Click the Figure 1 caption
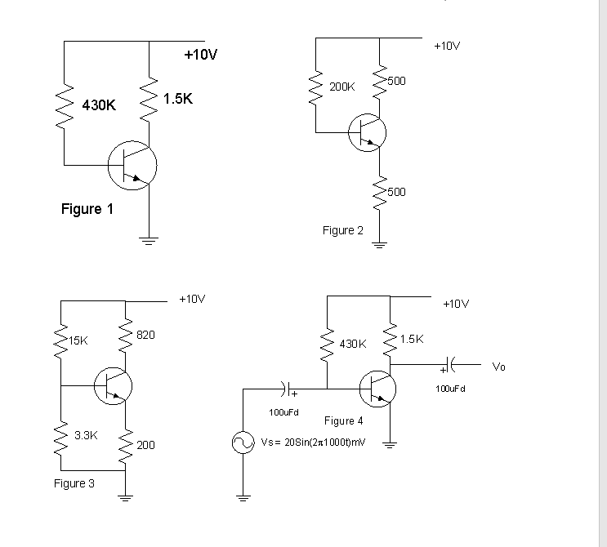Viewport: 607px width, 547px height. tap(87, 209)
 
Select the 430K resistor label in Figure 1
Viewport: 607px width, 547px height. tap(99, 105)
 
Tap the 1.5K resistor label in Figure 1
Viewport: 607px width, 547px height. tap(178, 99)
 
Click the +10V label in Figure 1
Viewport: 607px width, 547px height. tap(201, 55)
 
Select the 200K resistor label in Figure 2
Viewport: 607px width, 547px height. tap(341, 86)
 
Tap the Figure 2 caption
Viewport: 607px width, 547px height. tap(343, 230)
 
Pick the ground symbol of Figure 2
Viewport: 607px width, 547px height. tap(379, 243)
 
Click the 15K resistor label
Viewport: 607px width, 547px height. tap(78, 340)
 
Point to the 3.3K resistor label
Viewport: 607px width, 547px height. tap(86, 435)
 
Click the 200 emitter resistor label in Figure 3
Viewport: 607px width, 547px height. tap(145, 445)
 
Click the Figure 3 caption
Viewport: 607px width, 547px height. tap(74, 483)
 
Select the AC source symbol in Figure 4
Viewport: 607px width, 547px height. tap(243, 443)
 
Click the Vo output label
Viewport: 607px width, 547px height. tap(499, 367)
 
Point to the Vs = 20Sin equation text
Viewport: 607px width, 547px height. tap(311, 442)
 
